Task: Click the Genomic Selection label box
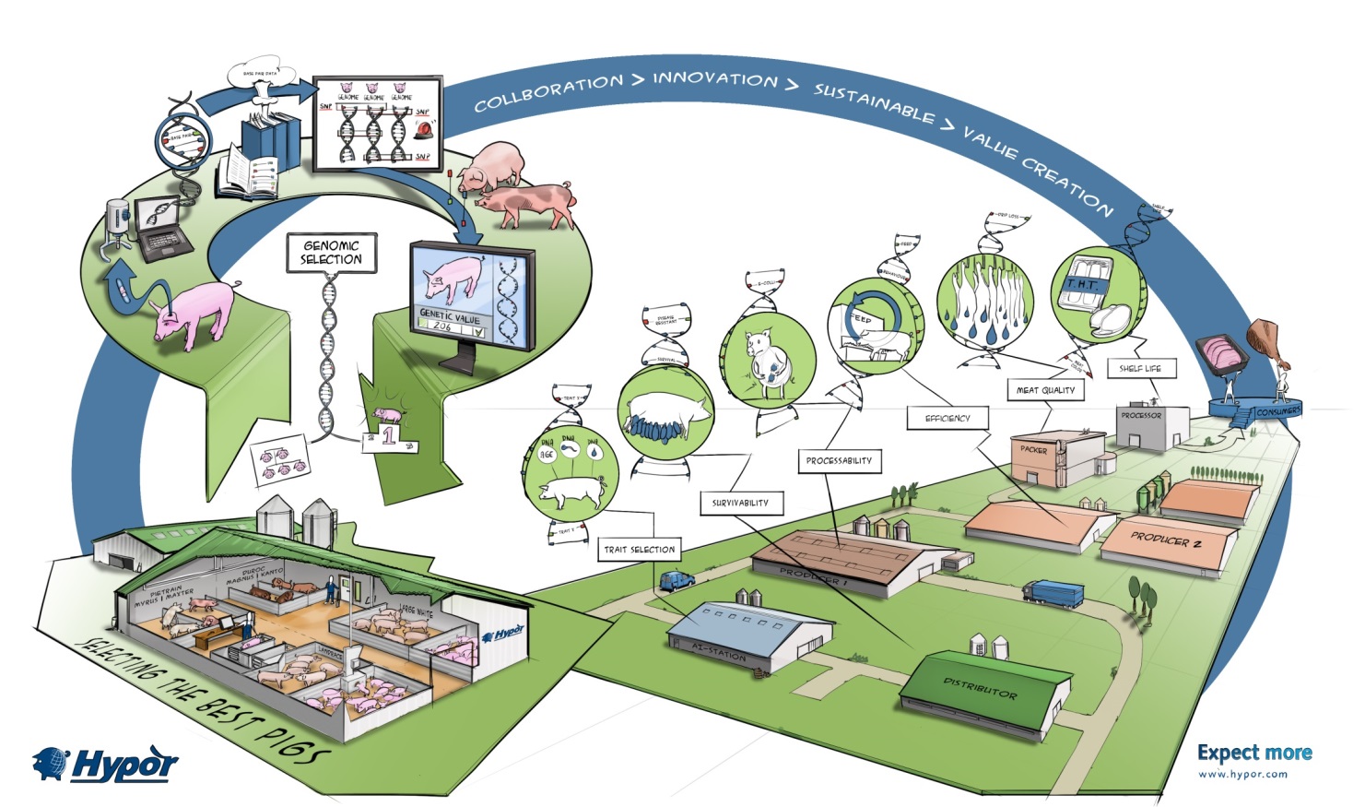tap(331, 253)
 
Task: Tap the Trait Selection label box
tap(640, 549)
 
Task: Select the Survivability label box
tap(740, 503)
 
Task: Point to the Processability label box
tap(839, 460)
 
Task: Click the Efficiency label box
tap(947, 418)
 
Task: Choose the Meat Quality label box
tap(1045, 390)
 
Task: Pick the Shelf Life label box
tap(1140, 368)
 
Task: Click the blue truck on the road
tap(1053, 594)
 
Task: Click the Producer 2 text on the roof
tap(1166, 540)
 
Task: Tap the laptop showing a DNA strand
tap(163, 225)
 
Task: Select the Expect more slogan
tap(1254, 753)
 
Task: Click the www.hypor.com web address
tap(1242, 775)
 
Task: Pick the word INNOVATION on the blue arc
tap(715, 79)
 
